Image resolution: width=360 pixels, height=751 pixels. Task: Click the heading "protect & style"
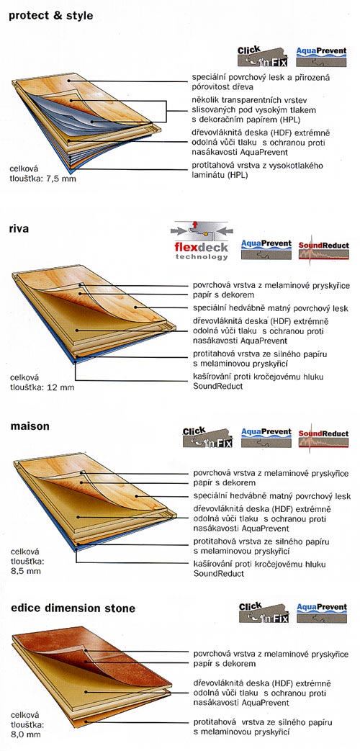point(51,16)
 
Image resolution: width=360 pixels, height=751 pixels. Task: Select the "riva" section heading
point(19,229)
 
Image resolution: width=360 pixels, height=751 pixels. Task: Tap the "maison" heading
point(30,426)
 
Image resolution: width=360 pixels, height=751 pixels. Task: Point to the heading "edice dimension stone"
point(73,608)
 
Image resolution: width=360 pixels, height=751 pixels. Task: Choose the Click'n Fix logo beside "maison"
point(207,437)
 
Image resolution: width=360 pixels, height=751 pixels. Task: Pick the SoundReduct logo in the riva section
point(323,248)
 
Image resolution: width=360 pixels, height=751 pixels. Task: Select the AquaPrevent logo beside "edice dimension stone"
point(322,613)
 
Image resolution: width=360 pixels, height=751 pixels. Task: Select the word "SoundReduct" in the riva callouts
point(218,386)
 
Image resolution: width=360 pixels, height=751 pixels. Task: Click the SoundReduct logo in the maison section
point(323,436)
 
